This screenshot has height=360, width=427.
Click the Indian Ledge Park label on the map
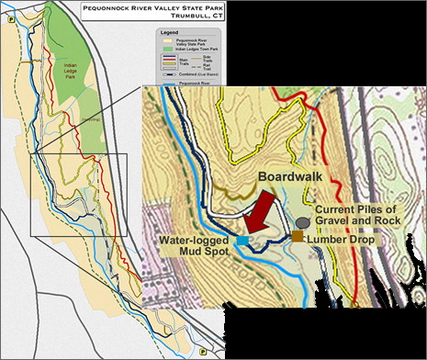coord(64,69)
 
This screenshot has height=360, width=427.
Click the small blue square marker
coord(242,240)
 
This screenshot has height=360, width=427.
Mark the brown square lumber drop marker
coord(298,236)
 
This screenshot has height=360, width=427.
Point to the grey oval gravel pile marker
coord(302,222)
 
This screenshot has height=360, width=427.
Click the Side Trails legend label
coord(208,58)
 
